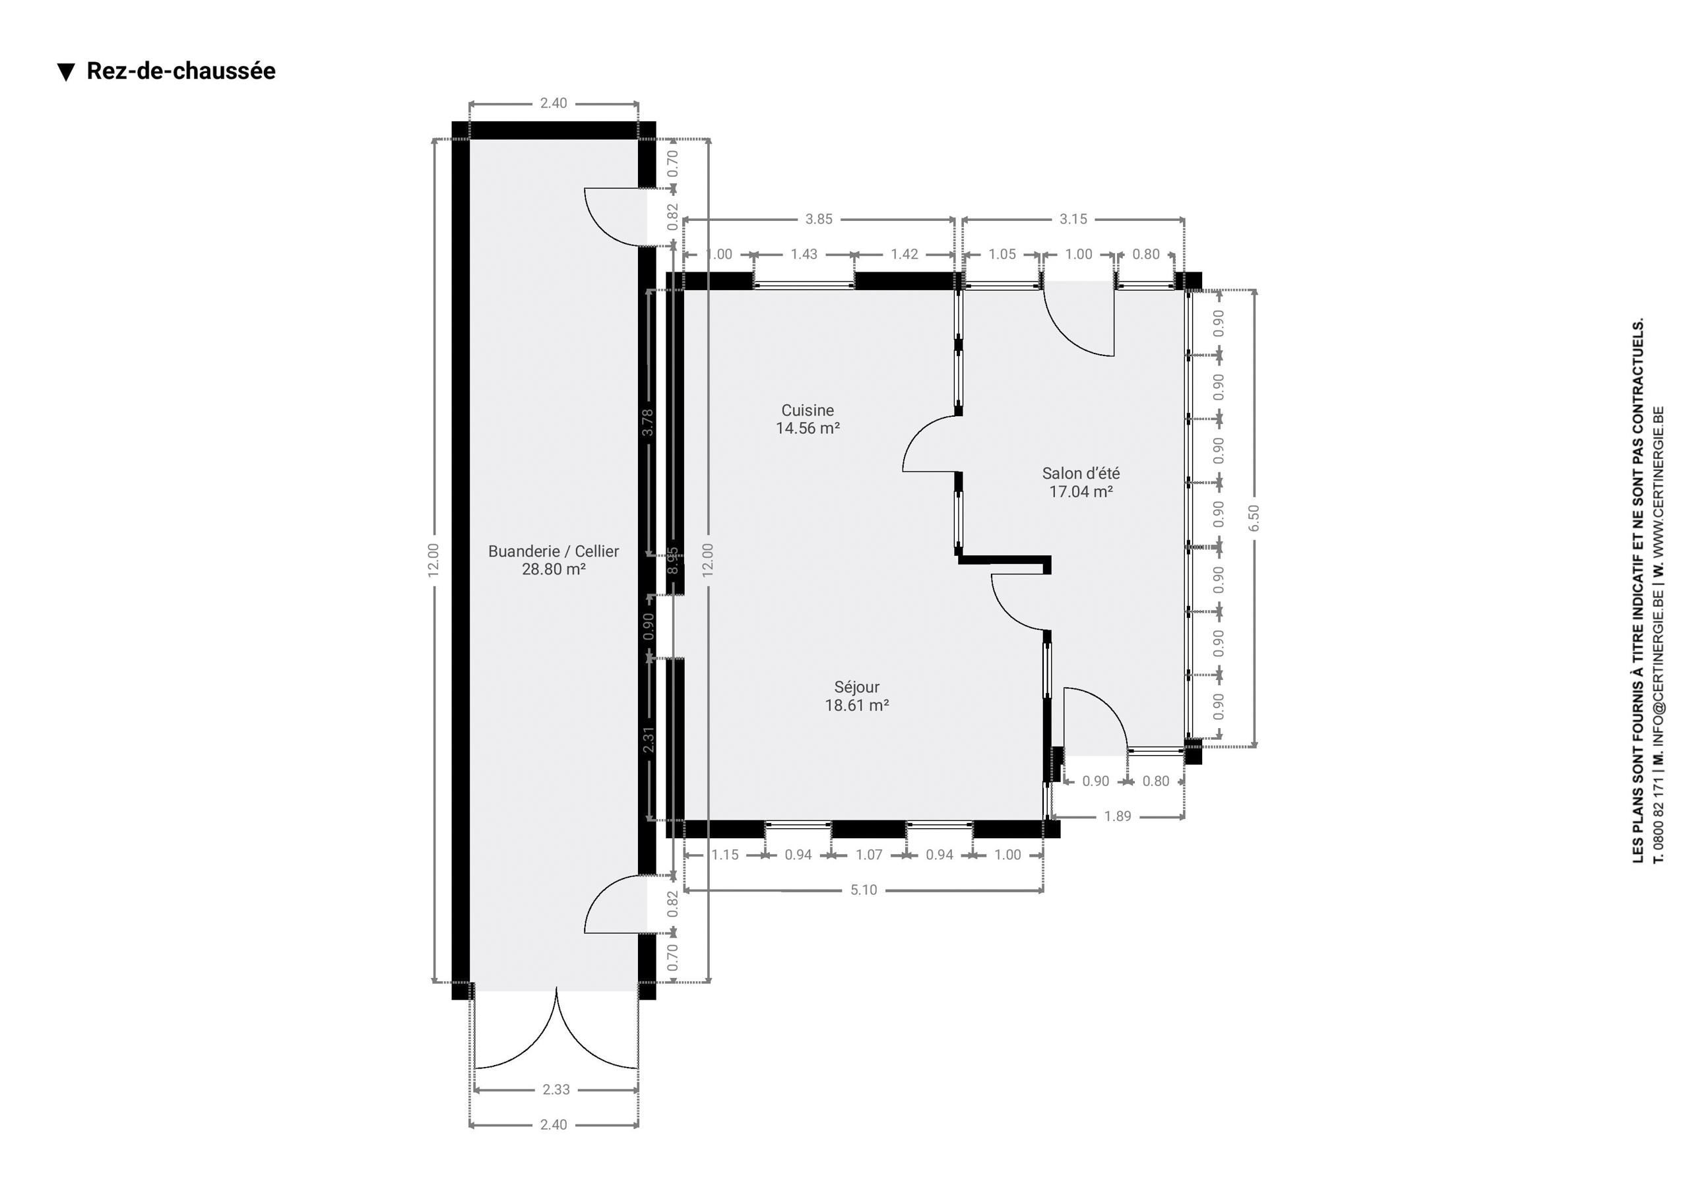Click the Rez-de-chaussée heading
[181, 71]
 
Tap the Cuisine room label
[808, 410]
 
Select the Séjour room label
[857, 687]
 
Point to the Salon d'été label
[1081, 474]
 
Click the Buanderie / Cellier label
[553, 551]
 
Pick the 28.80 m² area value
[553, 569]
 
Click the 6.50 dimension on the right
[1254, 518]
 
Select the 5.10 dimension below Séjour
[864, 890]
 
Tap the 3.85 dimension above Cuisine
[819, 219]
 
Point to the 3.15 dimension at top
[1073, 219]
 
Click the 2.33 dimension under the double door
[556, 1089]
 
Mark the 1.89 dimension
[1118, 816]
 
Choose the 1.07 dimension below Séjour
[869, 855]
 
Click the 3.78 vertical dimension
[647, 422]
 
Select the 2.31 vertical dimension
[648, 739]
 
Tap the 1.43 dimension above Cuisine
[804, 255]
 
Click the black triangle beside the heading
[66, 72]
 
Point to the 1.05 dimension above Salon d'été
[1002, 255]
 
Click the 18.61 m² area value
[857, 706]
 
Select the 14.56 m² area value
[808, 429]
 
